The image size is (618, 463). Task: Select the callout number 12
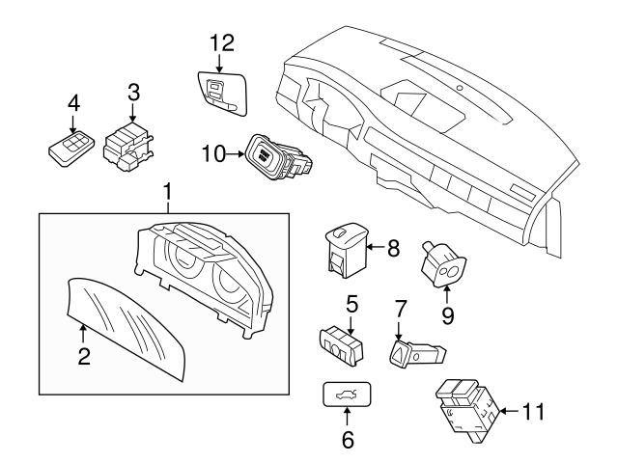pyautogui.click(x=222, y=41)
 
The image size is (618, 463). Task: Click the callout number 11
pyautogui.click(x=532, y=412)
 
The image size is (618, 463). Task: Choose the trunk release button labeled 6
pyautogui.click(x=348, y=396)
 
